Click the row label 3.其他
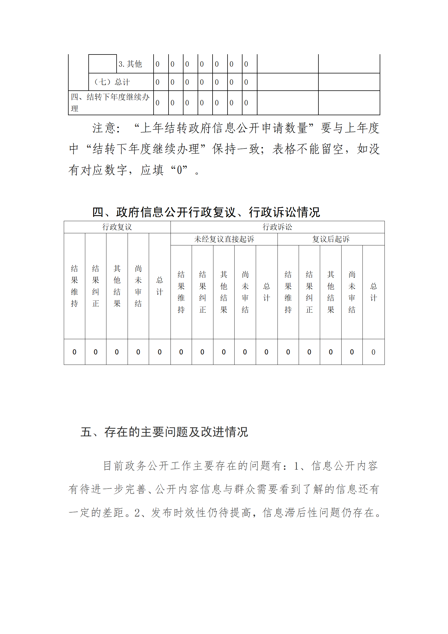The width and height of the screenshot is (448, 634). tap(130, 64)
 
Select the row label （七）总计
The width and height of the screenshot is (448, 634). tap(112, 82)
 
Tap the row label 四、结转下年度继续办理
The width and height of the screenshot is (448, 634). tap(110, 103)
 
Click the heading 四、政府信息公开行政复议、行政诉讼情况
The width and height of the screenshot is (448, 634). tap(206, 212)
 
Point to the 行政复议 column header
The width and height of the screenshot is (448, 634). tap(117, 227)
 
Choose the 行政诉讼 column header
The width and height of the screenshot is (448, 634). tap(277, 227)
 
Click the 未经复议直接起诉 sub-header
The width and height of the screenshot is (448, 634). tap(224, 239)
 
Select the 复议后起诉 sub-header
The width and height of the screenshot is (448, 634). tap(331, 239)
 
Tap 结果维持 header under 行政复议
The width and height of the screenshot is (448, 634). tap(75, 286)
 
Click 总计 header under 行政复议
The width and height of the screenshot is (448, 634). tap(160, 286)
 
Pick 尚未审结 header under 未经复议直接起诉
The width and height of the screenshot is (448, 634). tap(245, 292)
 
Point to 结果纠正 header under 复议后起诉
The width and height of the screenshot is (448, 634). tap(309, 292)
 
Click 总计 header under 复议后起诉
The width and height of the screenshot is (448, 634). tap(373, 292)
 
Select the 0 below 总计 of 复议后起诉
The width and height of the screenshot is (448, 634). tap(373, 352)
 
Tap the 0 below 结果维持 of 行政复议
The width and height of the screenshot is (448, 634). tap(75, 352)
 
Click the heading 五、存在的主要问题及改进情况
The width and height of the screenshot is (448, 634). tap(164, 432)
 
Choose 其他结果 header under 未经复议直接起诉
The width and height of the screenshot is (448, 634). tap(224, 292)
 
